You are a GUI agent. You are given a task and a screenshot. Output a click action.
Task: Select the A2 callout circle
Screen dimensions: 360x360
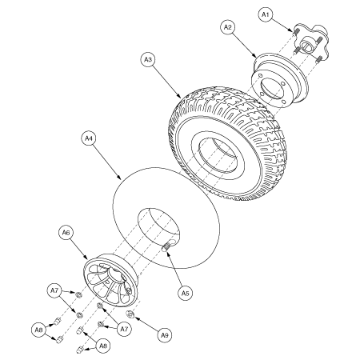pyautogui.click(x=228, y=27)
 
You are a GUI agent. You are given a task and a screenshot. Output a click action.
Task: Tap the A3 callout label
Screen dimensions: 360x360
pyautogui.click(x=147, y=59)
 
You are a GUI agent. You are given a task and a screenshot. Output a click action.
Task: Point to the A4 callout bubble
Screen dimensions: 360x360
pyautogui.click(x=89, y=138)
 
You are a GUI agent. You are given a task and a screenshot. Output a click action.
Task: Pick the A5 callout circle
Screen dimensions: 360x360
pyautogui.click(x=185, y=294)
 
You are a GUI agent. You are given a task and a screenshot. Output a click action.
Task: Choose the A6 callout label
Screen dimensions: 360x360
pyautogui.click(x=67, y=232)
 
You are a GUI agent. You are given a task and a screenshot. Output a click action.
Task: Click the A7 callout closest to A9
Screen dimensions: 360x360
pyautogui.click(x=122, y=329)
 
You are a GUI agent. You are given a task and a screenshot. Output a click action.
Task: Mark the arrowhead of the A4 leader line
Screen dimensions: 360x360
pyautogui.click(x=120, y=177)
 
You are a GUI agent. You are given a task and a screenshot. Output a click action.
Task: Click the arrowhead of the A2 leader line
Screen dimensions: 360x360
pyautogui.click(x=258, y=61)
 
